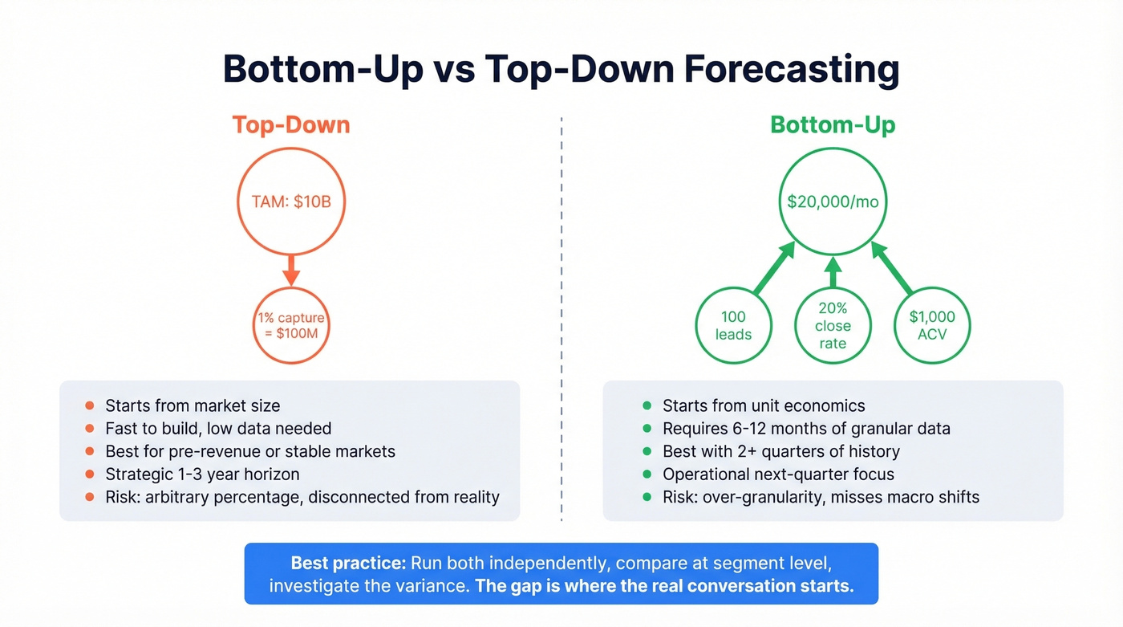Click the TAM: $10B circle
pos(290,202)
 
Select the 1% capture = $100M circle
pos(290,325)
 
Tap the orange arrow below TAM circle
pos(290,270)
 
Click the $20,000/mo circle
pos(832,202)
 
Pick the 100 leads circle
pos(732,325)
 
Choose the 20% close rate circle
pos(832,325)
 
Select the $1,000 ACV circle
pos(931,325)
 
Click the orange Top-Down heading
pos(290,125)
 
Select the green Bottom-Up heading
pos(832,125)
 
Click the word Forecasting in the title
pos(791,70)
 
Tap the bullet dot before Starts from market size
pos(89,406)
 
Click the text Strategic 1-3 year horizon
pos(202,474)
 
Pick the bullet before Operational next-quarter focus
pos(647,474)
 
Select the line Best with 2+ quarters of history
pos(780,451)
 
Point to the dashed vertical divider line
pos(561,321)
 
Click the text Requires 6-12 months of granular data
pos(805,429)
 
